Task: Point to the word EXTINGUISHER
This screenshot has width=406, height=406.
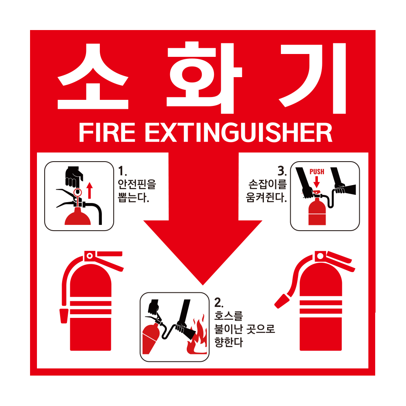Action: point(238,132)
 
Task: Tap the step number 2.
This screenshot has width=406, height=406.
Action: point(218,302)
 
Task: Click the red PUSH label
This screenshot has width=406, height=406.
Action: point(317,172)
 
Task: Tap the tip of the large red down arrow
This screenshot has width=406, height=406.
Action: point(203,282)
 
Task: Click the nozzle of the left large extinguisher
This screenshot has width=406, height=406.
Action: point(64,316)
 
